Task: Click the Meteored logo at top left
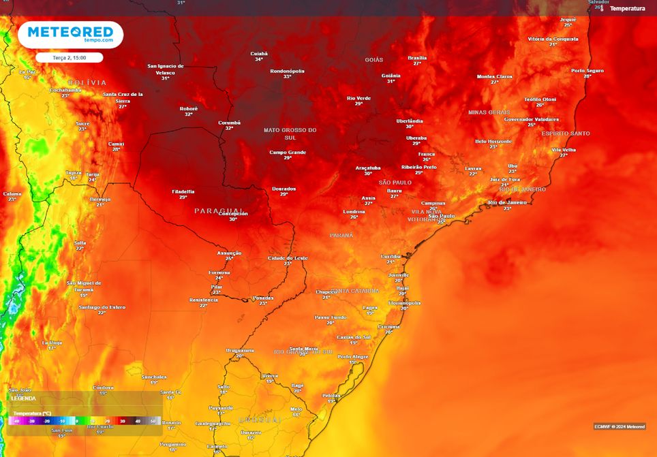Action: click(x=70, y=34)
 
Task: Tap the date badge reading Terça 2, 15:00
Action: click(x=69, y=58)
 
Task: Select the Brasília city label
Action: click(x=417, y=58)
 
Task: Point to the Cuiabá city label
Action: click(x=259, y=53)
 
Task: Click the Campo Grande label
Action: click(x=288, y=152)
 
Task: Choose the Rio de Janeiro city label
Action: click(x=508, y=202)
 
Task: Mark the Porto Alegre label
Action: click(x=353, y=356)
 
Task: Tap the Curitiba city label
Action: click(x=391, y=255)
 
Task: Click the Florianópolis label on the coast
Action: click(x=404, y=302)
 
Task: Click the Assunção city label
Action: click(x=229, y=253)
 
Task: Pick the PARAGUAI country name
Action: click(x=218, y=210)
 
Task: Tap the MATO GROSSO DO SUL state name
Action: click(x=290, y=132)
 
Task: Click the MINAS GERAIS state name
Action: click(x=489, y=112)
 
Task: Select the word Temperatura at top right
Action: click(x=627, y=8)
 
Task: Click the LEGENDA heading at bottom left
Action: click(x=23, y=398)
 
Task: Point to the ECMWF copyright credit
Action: click(x=619, y=426)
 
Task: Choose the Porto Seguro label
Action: click(x=587, y=70)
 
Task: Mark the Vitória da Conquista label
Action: click(x=553, y=39)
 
